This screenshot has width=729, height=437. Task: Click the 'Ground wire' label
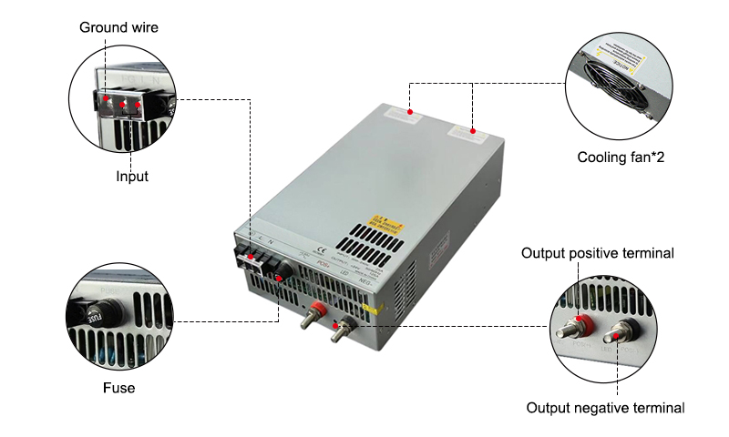click(x=118, y=27)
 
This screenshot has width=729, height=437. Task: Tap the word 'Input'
click(x=131, y=177)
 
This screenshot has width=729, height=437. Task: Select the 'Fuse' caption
click(x=118, y=388)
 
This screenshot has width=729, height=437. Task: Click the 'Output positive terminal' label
click(x=598, y=253)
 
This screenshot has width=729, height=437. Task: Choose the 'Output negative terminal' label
click(x=605, y=408)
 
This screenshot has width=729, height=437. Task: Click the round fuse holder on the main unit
click(x=283, y=269)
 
